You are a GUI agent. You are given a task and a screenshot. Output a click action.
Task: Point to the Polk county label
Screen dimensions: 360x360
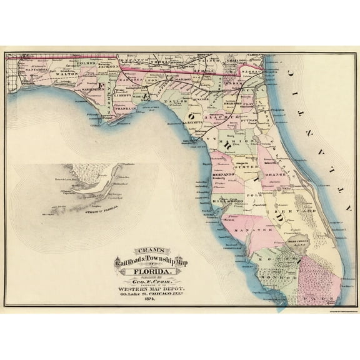(x=256, y=196)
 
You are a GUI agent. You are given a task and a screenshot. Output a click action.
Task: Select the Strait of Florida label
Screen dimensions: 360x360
(x=102, y=213)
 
